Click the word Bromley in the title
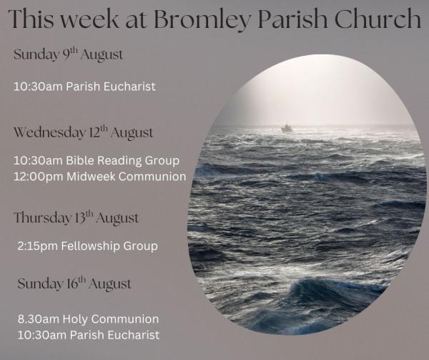202,19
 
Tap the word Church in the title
378,18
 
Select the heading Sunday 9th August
68,54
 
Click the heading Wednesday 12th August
83,133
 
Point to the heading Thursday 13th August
76,218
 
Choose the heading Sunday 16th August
74,283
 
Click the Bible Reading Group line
97,161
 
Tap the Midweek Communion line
100,177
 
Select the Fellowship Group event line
87,246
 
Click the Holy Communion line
88,319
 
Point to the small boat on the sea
287,127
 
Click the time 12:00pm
39,177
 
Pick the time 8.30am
39,319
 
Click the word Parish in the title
292,19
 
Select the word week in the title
90,19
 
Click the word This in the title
31,19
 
